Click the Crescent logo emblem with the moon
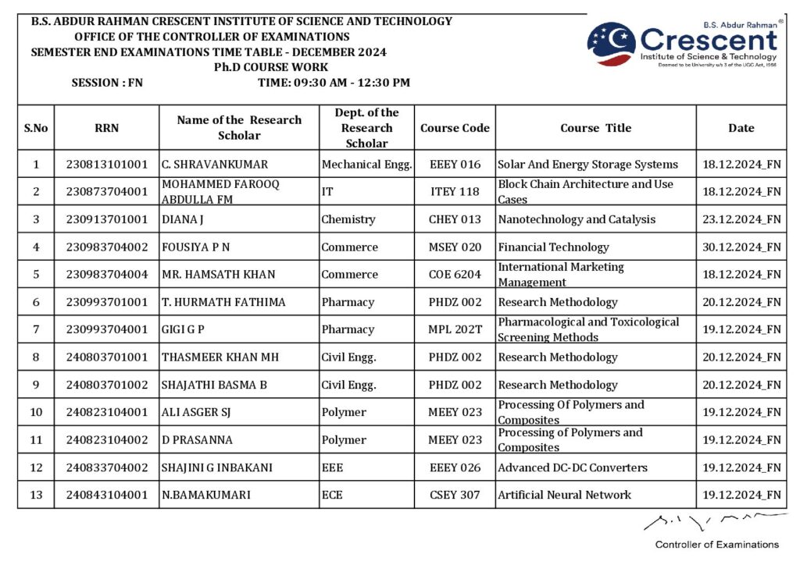pyautogui.click(x=611, y=43)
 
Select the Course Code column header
pyautogui.click(x=455, y=128)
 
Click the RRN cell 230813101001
pyautogui.click(x=106, y=165)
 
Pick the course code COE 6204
pyautogui.click(x=455, y=275)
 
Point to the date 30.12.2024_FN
pyautogui.click(x=741, y=247)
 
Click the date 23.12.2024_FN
pyautogui.click(x=741, y=219)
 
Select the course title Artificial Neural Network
pyautogui.click(x=564, y=495)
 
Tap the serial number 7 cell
pyautogui.click(x=36, y=329)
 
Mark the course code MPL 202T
pyautogui.click(x=455, y=329)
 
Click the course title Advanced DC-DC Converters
pyautogui.click(x=573, y=467)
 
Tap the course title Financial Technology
pyautogui.click(x=553, y=247)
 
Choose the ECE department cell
pyautogui.click(x=332, y=495)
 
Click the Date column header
pyautogui.click(x=741, y=128)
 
